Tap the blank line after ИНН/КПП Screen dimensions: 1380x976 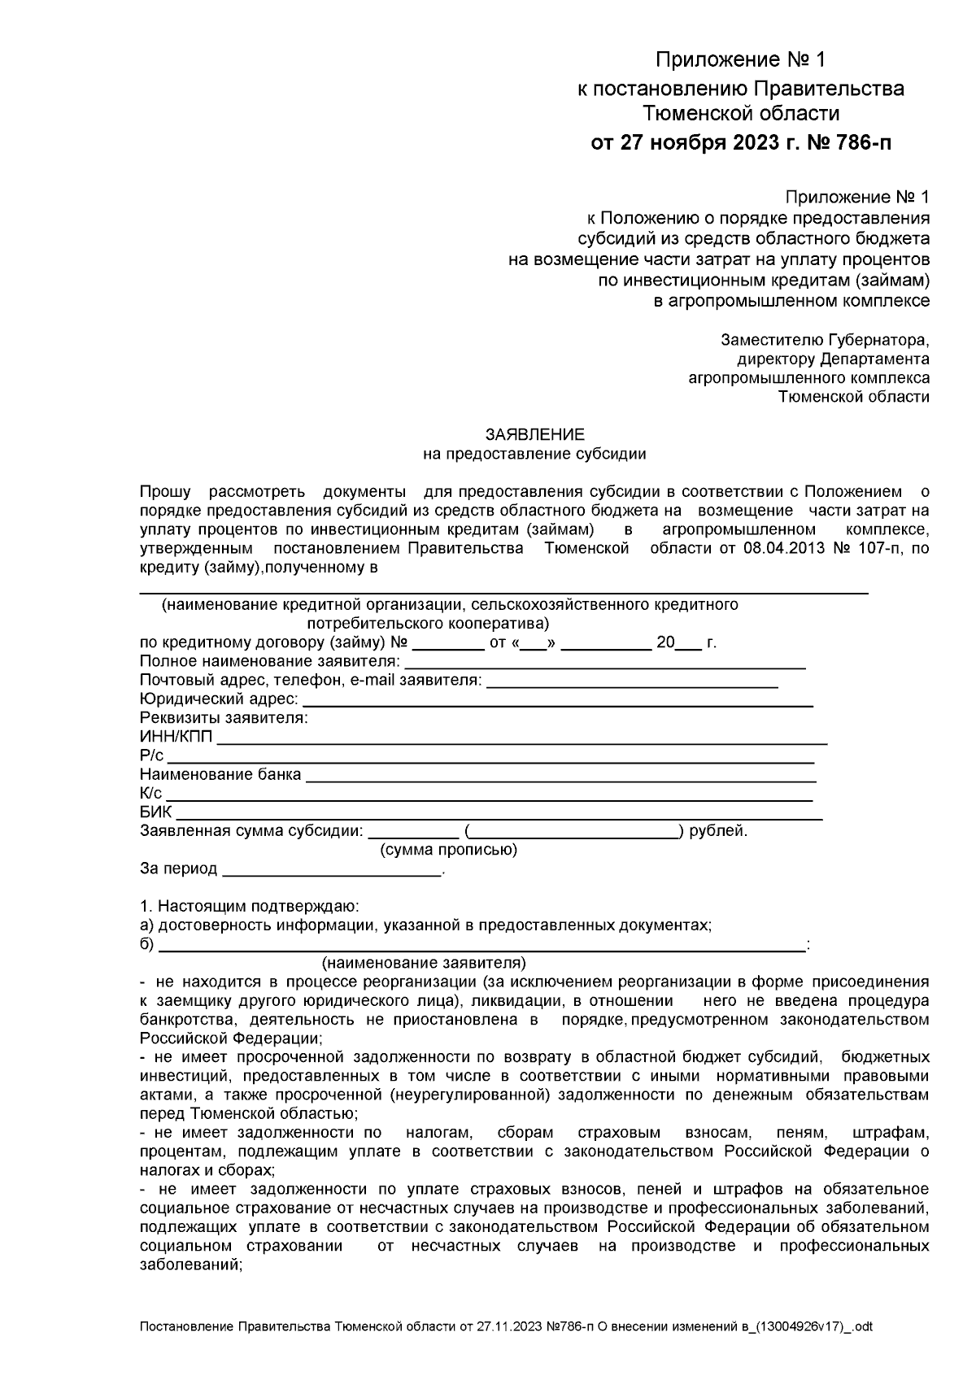[x=521, y=741]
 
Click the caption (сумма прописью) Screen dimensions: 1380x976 [x=448, y=851]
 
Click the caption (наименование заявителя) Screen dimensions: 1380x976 [x=424, y=963]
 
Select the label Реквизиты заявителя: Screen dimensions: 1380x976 [x=224, y=718]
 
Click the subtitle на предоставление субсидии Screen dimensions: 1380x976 [x=534, y=454]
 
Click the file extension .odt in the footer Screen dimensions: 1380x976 [x=861, y=1326]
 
